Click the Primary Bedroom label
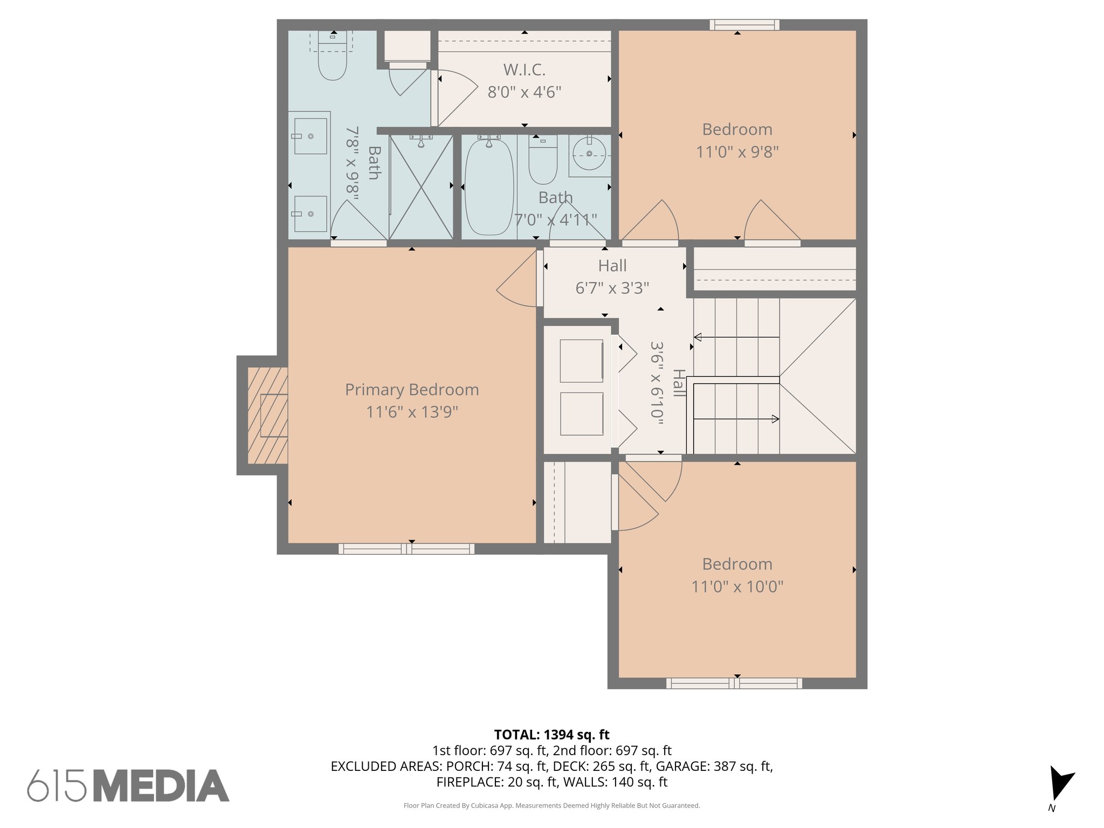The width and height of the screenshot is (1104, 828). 412,390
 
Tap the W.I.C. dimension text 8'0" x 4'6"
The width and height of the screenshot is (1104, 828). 524,92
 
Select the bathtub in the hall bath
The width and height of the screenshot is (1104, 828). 489,187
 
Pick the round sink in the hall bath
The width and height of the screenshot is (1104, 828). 589,154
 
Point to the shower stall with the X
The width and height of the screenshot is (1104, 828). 421,187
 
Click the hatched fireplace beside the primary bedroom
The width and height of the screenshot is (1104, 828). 268,415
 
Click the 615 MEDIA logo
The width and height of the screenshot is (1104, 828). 128,786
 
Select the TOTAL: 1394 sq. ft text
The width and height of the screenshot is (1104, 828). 551,735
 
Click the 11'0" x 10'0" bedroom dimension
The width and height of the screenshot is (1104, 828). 737,586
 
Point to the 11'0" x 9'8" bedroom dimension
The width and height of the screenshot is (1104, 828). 737,152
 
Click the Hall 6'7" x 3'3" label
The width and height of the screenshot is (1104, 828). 612,277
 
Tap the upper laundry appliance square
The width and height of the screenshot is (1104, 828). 581,361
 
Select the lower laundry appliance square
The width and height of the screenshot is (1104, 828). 581,413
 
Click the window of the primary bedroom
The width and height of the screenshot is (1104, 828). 406,549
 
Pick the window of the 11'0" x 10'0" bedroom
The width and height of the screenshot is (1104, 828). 734,683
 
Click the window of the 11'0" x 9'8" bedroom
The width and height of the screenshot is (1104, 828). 744,25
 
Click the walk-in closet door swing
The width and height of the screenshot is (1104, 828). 456,97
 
